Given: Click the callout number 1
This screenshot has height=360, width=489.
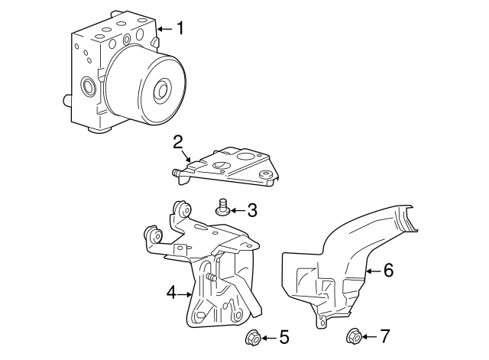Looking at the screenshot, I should coord(180,29).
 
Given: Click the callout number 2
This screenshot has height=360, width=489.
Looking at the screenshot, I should coord(177,141).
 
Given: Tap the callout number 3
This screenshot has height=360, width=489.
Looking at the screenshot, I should coord(251,210).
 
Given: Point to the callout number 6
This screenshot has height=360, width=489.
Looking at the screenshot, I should coord(388,270).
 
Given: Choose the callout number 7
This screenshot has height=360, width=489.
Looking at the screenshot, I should coord(385,336).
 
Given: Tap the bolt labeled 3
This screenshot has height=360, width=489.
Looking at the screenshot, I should coord(223,206).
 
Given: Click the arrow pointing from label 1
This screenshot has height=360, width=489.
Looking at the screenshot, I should coord(165,30).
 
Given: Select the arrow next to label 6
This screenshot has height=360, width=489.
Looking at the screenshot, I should coord(374,270).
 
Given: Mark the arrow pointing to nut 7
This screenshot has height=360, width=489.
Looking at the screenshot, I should coord(370,336).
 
